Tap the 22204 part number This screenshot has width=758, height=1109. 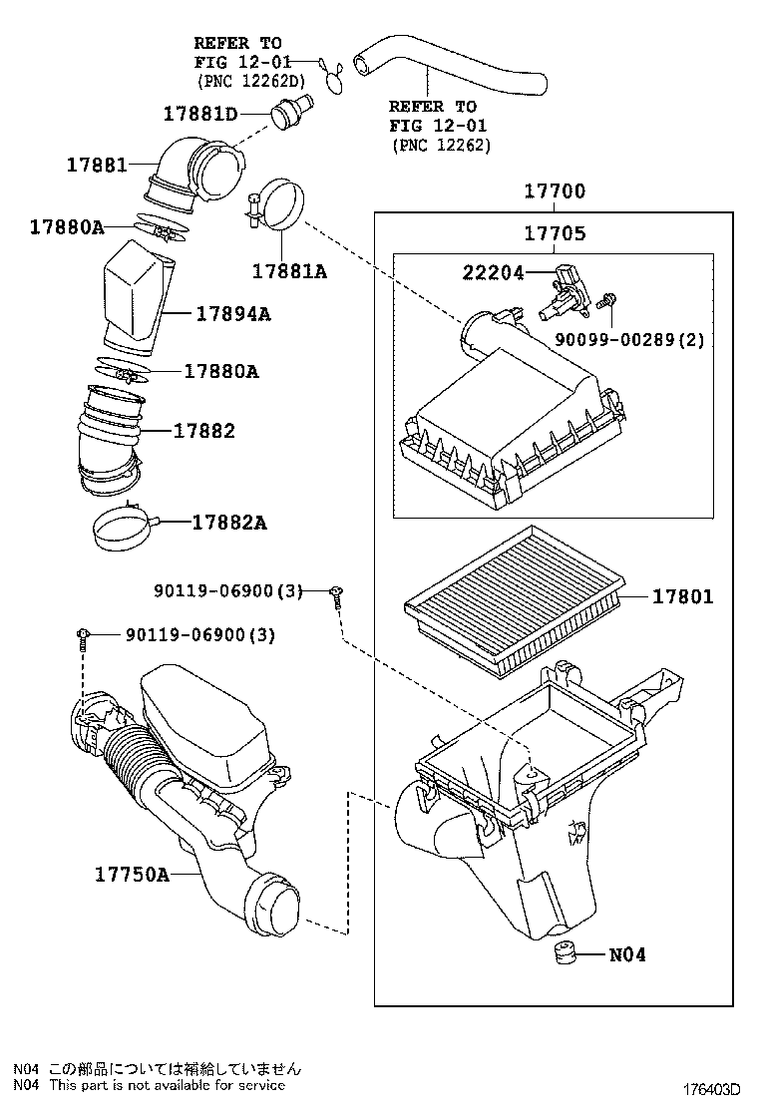pyautogui.click(x=493, y=271)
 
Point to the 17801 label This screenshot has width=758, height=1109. pyautogui.click(x=683, y=597)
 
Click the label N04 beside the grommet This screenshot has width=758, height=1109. pyautogui.click(x=627, y=954)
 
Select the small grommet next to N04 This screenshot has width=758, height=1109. pyautogui.click(x=566, y=953)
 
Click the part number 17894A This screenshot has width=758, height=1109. pyautogui.click(x=233, y=314)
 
